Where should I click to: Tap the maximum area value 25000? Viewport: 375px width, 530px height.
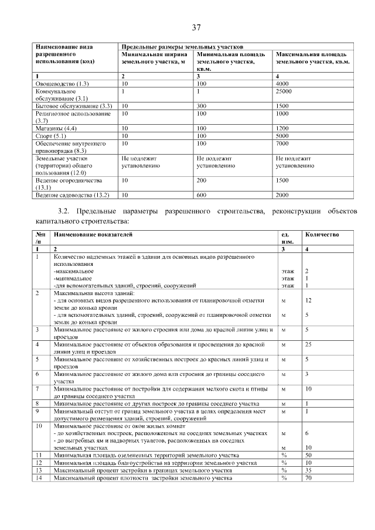(284, 91)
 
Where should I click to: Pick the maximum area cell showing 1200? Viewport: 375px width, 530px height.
(282, 128)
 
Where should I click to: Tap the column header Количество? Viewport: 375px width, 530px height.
(321, 235)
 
